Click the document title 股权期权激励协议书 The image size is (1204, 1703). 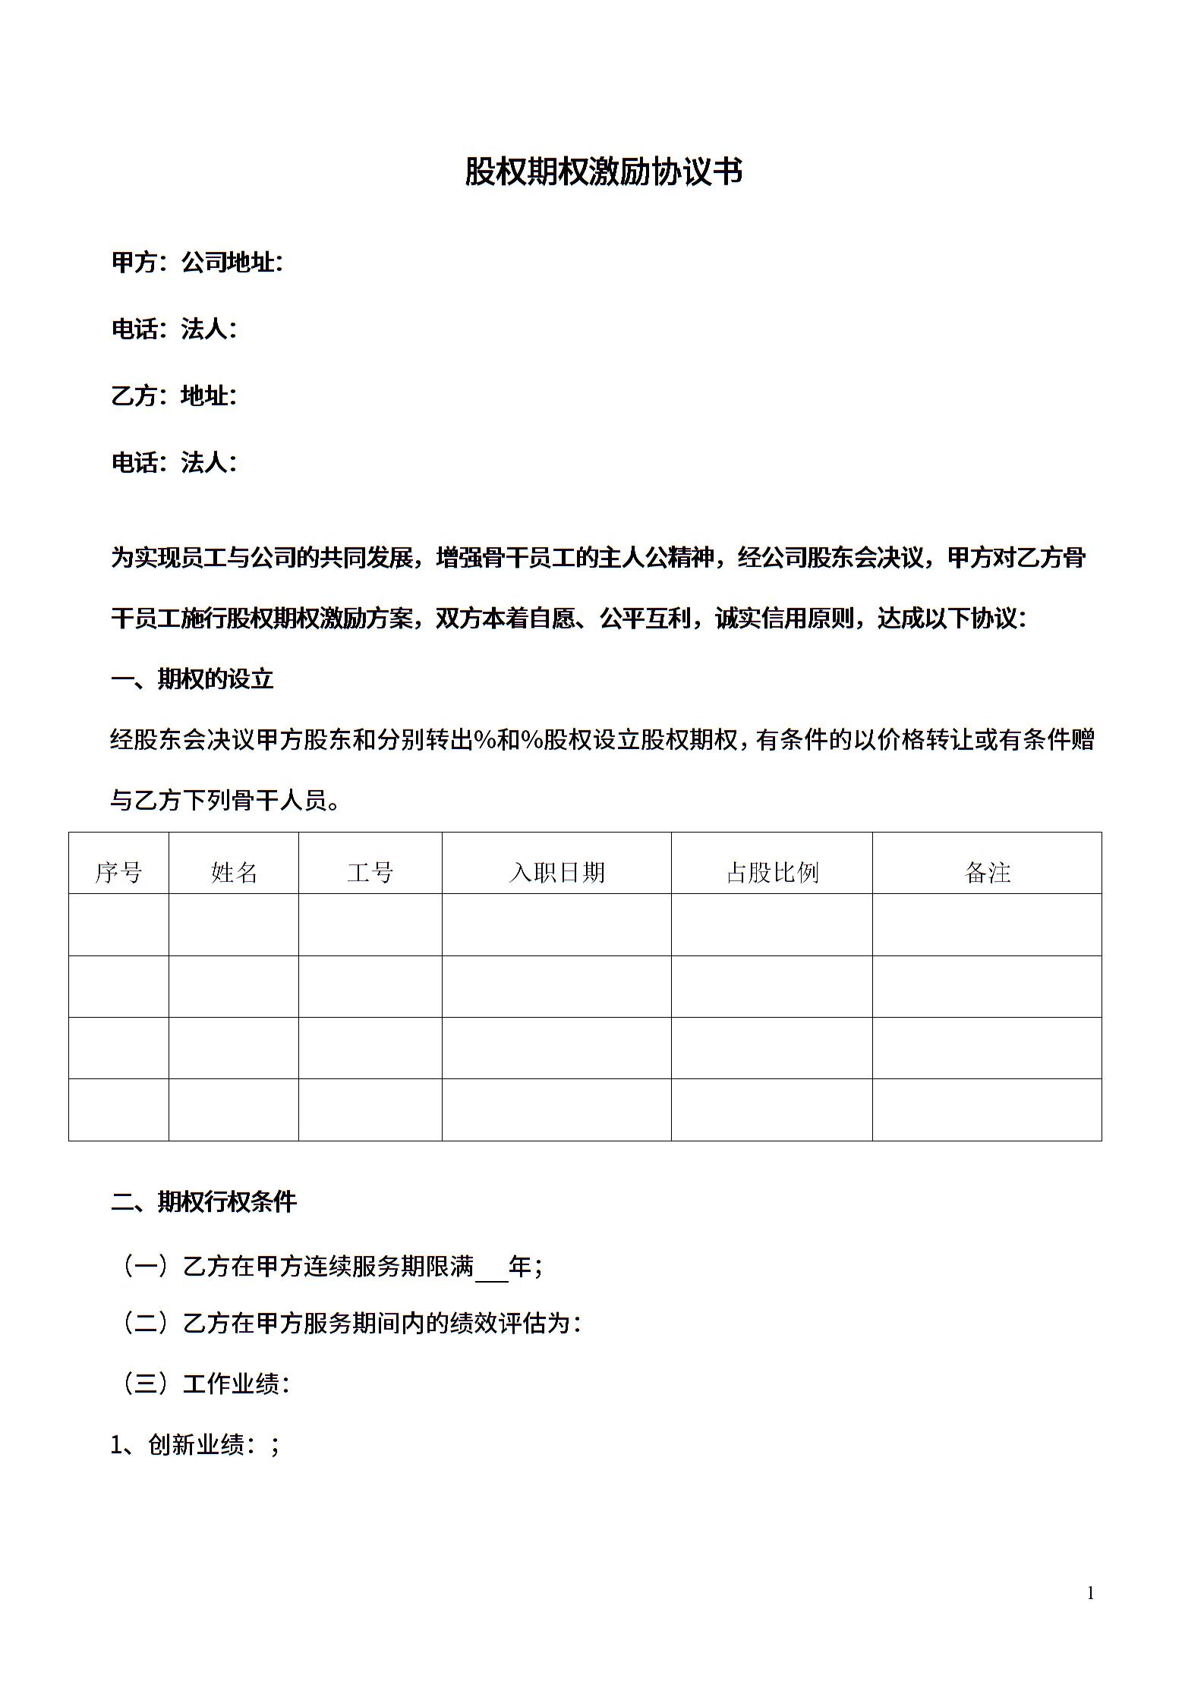click(603, 172)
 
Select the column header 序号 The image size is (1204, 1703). click(118, 872)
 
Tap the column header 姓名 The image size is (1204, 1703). click(234, 872)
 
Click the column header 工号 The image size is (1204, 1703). click(370, 872)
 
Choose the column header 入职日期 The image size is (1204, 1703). click(556, 872)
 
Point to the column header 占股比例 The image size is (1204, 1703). click(772, 872)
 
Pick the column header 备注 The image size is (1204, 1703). click(987, 872)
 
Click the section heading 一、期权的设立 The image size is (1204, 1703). click(192, 678)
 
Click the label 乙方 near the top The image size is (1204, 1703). click(134, 395)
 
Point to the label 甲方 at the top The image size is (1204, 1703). click(134, 263)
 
